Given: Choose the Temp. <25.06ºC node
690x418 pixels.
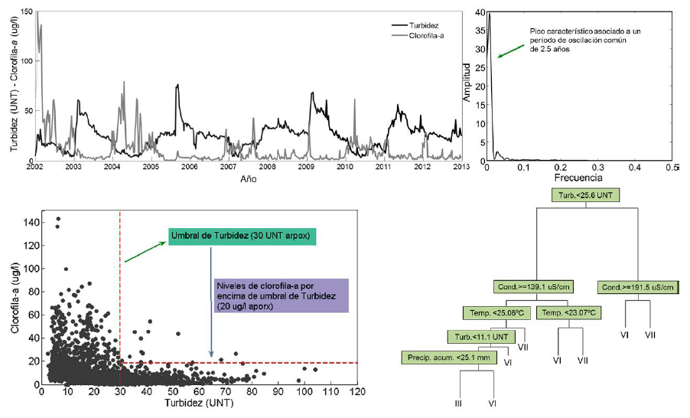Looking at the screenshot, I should (496, 313).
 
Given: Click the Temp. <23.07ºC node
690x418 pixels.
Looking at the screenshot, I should (568, 313).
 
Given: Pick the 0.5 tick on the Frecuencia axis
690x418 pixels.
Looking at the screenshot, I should (670, 166).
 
